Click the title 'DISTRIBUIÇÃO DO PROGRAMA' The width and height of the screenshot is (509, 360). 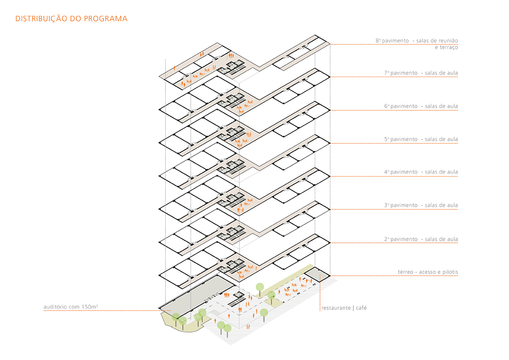71,19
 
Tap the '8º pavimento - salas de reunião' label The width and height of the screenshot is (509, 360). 416,41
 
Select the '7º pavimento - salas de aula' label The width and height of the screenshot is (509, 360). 421,73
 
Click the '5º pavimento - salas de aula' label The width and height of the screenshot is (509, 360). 421,140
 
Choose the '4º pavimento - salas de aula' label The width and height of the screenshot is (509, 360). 421,172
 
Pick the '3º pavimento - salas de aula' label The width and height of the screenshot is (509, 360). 421,206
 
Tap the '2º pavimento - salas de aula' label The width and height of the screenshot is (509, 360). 421,240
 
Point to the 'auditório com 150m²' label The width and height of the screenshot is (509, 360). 71,307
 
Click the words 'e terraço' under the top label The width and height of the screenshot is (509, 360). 446,47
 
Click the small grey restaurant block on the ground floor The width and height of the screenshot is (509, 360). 317,274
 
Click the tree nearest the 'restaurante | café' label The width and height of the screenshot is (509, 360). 264,313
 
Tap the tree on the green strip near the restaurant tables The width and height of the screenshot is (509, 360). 260,287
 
